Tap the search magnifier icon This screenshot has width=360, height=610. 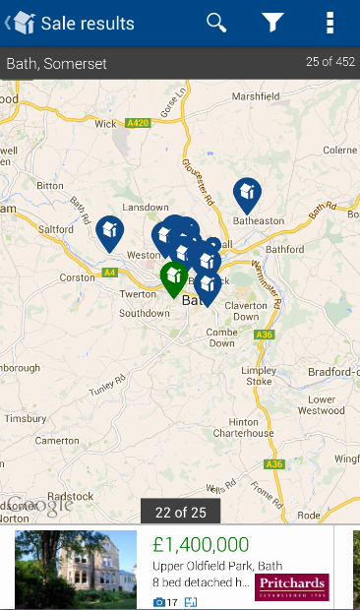[216, 23]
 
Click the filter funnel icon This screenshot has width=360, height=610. [272, 23]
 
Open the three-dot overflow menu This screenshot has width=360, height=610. [330, 23]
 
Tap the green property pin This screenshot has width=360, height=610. [174, 277]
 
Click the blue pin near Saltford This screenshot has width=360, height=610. [109, 232]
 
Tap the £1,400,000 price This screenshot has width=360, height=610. [201, 545]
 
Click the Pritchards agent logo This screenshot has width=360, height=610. [291, 587]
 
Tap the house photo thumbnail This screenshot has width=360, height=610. [76, 570]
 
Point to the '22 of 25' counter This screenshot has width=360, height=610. [180, 512]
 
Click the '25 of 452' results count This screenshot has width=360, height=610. [330, 62]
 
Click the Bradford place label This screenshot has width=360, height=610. [334, 372]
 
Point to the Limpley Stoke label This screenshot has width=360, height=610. [259, 375]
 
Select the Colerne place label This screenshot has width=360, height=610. [340, 150]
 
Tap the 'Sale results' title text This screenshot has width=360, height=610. [88, 23]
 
